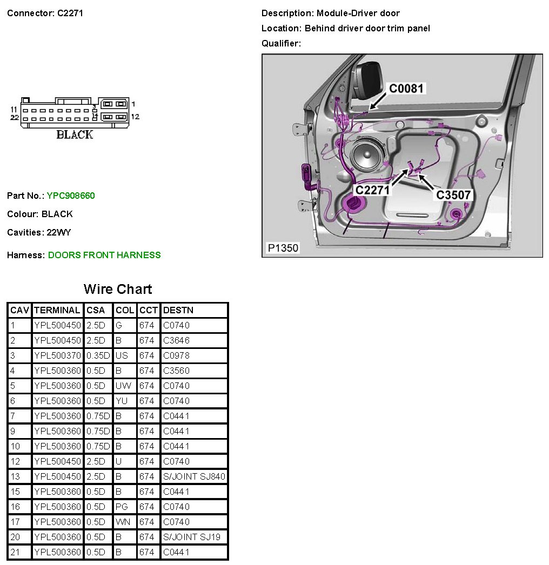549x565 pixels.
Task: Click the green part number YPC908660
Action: click(x=71, y=196)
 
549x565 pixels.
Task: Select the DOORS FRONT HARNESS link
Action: click(x=104, y=255)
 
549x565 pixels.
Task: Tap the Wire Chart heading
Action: click(x=118, y=289)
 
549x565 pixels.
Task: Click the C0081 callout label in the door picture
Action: click(x=407, y=88)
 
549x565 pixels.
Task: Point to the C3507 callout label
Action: click(x=454, y=194)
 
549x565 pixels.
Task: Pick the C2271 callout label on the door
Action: click(x=372, y=190)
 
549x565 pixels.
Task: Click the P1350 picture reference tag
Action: click(x=283, y=248)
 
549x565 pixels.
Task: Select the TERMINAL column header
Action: click(x=57, y=310)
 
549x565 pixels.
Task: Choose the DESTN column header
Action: click(x=178, y=310)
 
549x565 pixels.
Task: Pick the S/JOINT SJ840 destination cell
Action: click(x=194, y=476)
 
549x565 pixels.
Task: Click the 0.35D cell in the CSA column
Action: click(x=98, y=355)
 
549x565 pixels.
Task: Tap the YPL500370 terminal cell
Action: click(x=57, y=355)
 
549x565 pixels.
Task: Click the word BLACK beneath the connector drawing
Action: click(x=75, y=134)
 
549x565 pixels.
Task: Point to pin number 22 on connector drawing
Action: click(x=15, y=117)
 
